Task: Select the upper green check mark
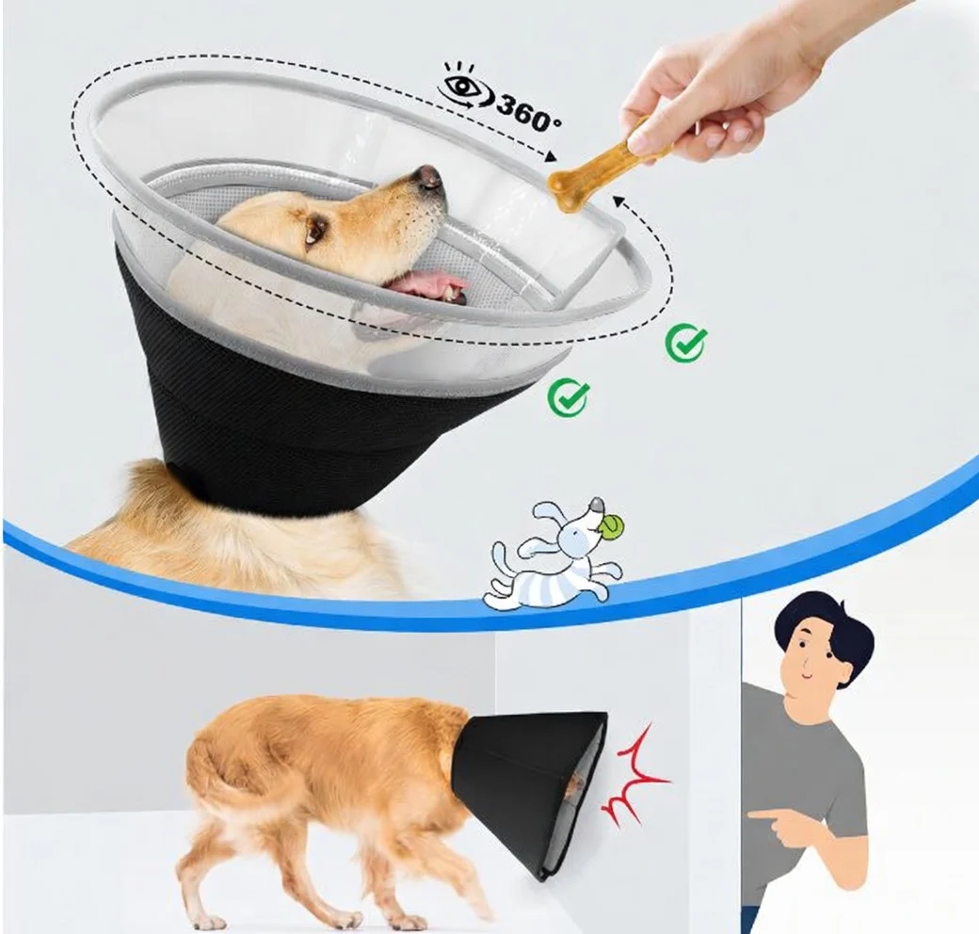pyautogui.click(x=685, y=343)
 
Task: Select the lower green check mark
pyautogui.click(x=569, y=397)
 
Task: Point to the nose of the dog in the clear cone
pyautogui.click(x=429, y=175)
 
